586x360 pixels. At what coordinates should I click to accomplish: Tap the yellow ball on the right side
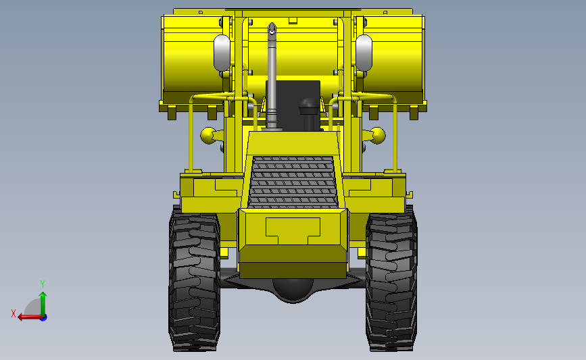(x=376, y=136)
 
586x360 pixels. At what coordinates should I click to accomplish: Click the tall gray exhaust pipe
(x=272, y=81)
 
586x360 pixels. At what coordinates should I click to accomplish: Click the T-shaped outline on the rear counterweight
(x=293, y=230)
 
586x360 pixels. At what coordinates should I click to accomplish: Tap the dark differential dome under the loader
(x=293, y=289)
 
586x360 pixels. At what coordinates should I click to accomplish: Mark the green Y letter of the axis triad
(x=42, y=284)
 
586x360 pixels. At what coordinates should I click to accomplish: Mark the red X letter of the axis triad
(x=14, y=313)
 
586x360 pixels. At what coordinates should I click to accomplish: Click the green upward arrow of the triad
(x=43, y=301)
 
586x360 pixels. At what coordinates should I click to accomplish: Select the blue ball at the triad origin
(x=43, y=317)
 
